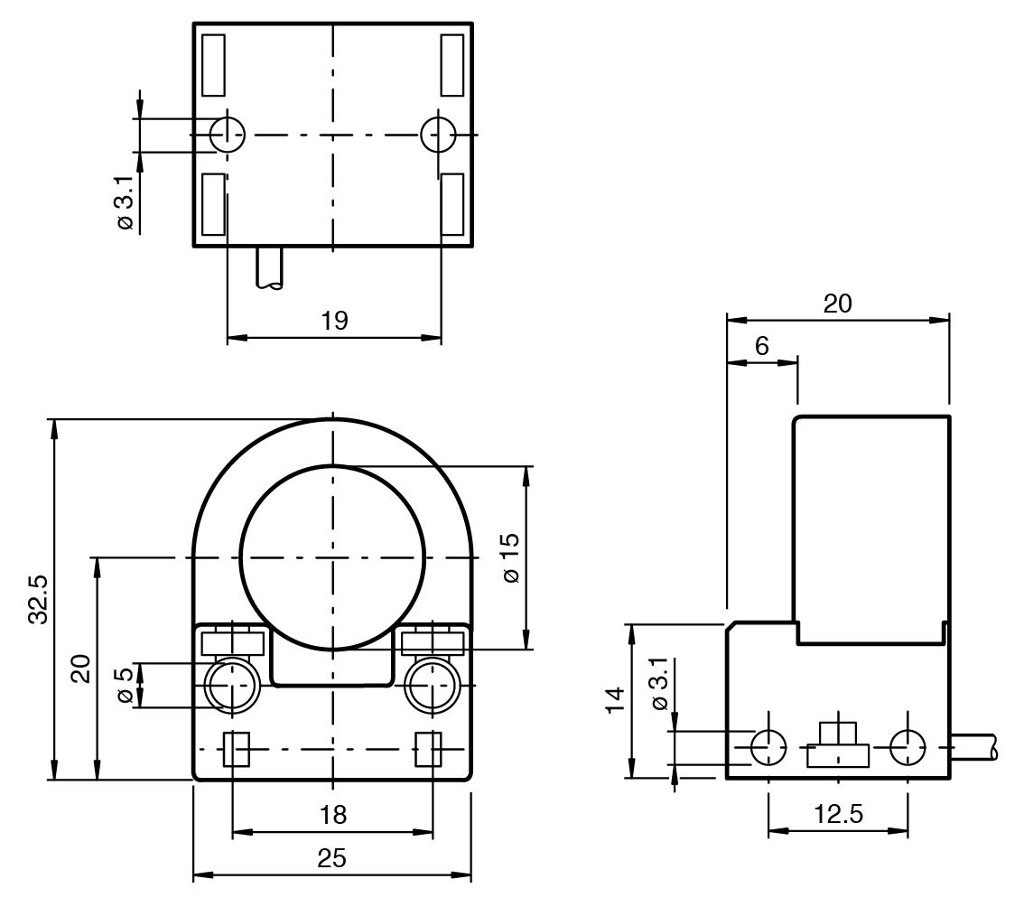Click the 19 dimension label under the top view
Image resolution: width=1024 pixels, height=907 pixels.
pyautogui.click(x=334, y=321)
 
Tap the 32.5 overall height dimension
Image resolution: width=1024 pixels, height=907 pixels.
pyautogui.click(x=39, y=600)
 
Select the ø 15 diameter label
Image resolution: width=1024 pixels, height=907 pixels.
pyautogui.click(x=511, y=558)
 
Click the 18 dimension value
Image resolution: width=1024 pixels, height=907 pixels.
pyautogui.click(x=333, y=815)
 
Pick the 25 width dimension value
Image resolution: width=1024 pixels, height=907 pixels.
pyautogui.click(x=331, y=858)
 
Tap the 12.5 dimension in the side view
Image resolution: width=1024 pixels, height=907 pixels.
pyautogui.click(x=839, y=814)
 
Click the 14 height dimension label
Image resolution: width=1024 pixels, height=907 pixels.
pyautogui.click(x=615, y=700)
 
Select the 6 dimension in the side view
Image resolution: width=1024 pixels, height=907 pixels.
pyautogui.click(x=761, y=346)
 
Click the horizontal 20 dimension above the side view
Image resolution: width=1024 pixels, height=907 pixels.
pyautogui.click(x=837, y=304)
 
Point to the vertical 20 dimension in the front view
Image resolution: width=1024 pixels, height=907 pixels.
pyautogui.click(x=81, y=668)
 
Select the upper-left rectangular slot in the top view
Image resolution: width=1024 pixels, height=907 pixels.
pyautogui.click(x=213, y=65)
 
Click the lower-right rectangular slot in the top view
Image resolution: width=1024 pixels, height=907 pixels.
pyautogui.click(x=451, y=204)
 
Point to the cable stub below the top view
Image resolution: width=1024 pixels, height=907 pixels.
pyautogui.click(x=270, y=268)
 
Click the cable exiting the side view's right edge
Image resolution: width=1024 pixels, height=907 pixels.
pyautogui.click(x=974, y=747)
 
